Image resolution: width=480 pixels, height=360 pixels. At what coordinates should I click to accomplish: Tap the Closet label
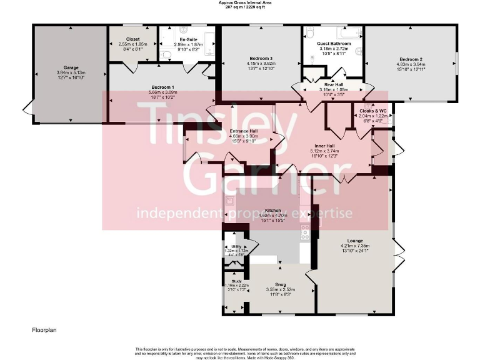tap(132, 39)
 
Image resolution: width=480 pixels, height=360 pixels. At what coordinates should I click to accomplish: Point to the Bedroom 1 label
tap(162, 87)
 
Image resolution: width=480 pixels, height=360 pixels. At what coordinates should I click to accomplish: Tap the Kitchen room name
tap(272, 211)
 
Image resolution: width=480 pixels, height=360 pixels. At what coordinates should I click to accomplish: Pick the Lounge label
tap(355, 239)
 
